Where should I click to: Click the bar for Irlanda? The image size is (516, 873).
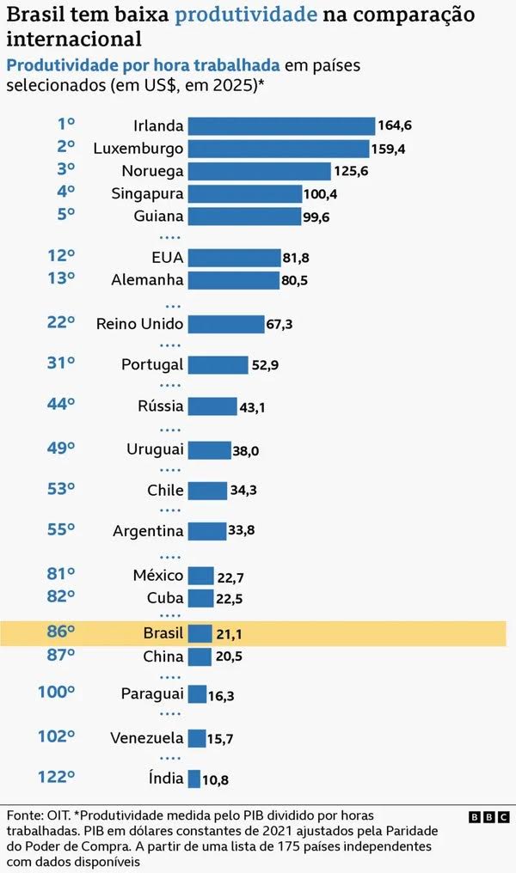click(x=281, y=126)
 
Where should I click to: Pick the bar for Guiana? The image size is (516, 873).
click(x=244, y=216)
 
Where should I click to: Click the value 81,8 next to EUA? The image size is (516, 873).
click(x=299, y=258)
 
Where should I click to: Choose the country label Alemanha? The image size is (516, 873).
click(x=147, y=280)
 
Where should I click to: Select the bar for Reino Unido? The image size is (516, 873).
click(x=225, y=324)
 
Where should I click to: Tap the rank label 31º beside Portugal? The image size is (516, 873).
click(x=61, y=364)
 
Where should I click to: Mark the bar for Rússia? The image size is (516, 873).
click(x=212, y=406)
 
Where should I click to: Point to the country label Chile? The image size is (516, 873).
click(x=165, y=491)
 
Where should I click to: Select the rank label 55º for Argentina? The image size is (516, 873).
click(x=61, y=530)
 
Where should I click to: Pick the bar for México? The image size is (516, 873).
click(x=200, y=576)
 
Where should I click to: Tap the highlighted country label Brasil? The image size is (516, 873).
click(x=163, y=633)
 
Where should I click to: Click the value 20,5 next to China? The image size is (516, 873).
click(x=230, y=656)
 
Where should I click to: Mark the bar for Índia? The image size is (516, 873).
click(x=193, y=778)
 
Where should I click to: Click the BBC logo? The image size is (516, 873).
click(x=489, y=817)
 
